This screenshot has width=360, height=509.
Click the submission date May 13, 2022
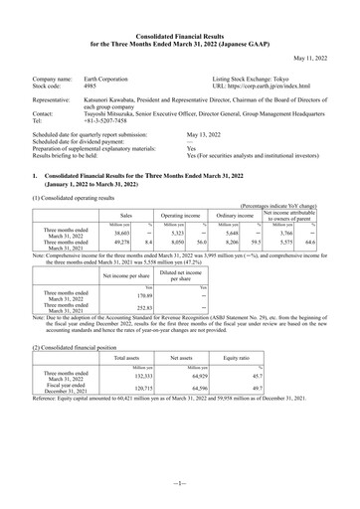tap(207, 131)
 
